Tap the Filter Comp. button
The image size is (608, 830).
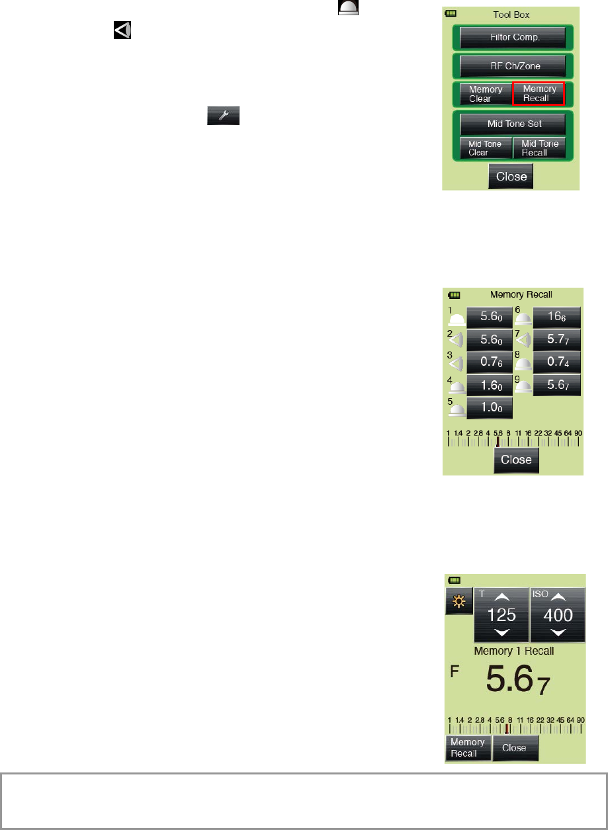(x=512, y=38)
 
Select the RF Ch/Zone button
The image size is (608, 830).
(x=512, y=66)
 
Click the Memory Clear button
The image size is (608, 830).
(x=485, y=94)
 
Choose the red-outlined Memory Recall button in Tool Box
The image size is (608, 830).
(x=539, y=94)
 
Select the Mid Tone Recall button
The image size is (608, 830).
(x=539, y=147)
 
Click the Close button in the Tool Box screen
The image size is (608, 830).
(x=511, y=176)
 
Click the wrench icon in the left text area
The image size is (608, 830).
(x=223, y=116)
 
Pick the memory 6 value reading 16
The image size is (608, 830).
(x=557, y=317)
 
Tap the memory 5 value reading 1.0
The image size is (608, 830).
(x=490, y=407)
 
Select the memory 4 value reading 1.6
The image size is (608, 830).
(x=490, y=385)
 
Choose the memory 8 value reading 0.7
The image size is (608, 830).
(x=557, y=362)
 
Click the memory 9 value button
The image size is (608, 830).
(x=557, y=385)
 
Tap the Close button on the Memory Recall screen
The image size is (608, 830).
(x=516, y=460)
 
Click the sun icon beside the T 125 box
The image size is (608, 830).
(x=458, y=601)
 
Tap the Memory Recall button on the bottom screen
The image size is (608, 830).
(x=468, y=747)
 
